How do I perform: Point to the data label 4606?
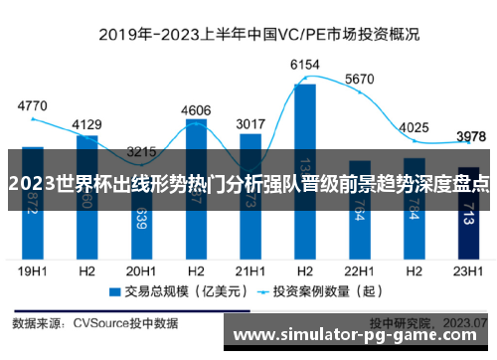197,110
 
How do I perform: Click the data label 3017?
250,124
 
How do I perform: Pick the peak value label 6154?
305,65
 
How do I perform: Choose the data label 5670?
359,80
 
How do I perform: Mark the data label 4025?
414,127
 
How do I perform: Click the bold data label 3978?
469,136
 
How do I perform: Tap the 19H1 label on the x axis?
33,270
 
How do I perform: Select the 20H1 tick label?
142,270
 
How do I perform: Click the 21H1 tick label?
250,270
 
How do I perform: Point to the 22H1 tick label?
359,270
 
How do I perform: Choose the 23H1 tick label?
468,270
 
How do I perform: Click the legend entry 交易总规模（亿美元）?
169,292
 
